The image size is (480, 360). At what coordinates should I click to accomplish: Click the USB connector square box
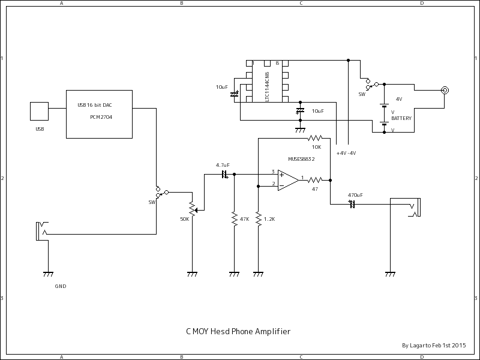39,111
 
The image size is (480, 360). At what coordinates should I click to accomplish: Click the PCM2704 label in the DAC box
101,117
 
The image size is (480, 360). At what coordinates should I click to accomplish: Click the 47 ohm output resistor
315,179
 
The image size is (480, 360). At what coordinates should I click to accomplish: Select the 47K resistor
234,219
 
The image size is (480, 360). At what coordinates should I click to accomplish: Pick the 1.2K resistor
258,219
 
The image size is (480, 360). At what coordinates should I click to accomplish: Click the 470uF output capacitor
352,203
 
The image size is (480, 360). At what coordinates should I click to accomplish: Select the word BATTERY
401,119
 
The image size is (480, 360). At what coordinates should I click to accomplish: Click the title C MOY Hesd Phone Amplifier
238,331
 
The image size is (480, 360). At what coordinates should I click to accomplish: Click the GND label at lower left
61,286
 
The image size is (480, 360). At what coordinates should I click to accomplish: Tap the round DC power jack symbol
445,91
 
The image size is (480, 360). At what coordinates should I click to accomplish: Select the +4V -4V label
346,153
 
